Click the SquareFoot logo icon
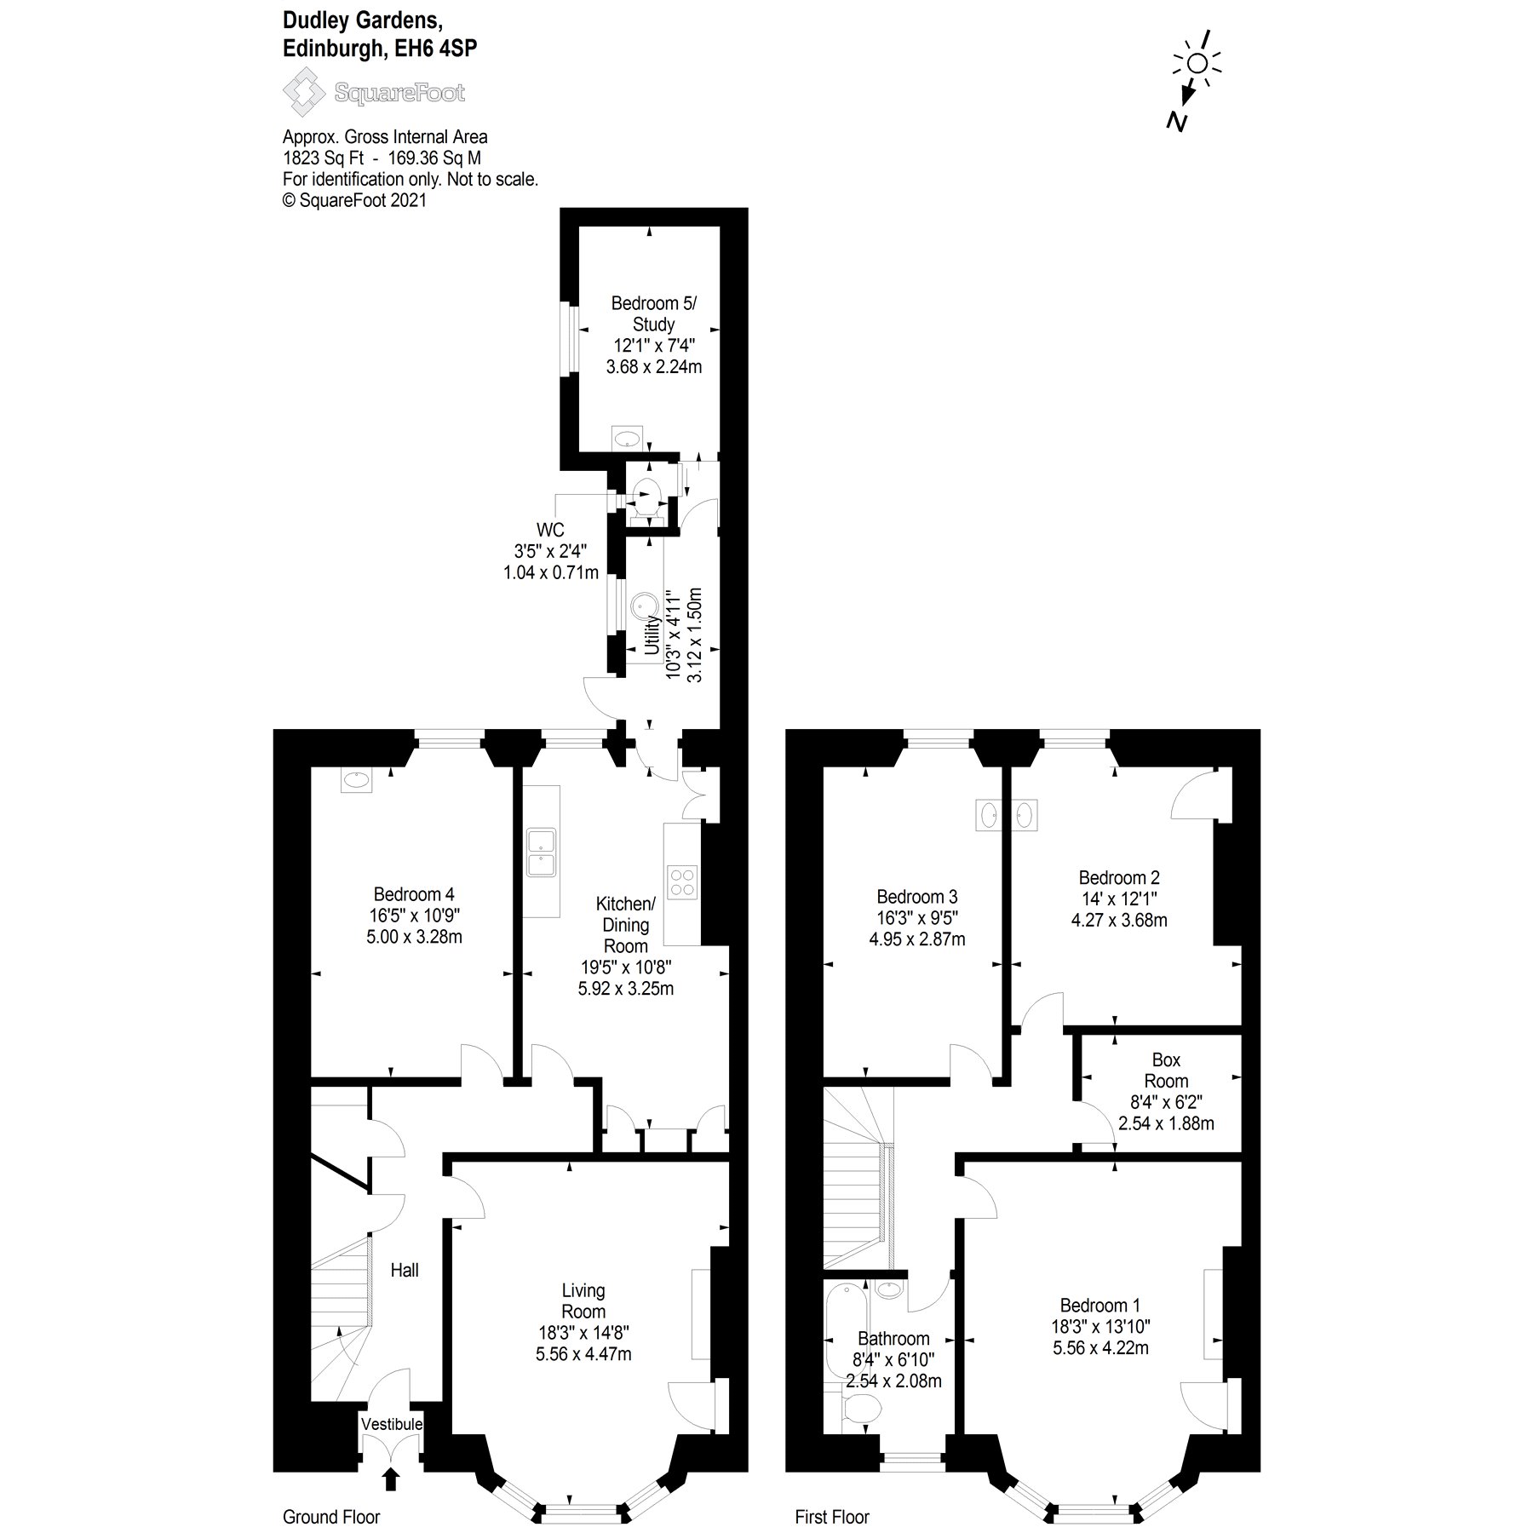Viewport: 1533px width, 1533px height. point(304,93)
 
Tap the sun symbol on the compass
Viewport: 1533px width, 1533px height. point(1197,63)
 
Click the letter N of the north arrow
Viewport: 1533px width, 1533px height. point(1177,122)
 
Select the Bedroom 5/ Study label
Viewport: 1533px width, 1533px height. point(653,313)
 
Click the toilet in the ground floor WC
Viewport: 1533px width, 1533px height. point(646,495)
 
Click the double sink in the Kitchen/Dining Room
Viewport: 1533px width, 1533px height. point(542,852)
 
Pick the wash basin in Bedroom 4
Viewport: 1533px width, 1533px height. point(356,779)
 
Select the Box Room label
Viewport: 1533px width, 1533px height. point(1166,1071)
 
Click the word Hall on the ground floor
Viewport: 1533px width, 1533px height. point(405,1270)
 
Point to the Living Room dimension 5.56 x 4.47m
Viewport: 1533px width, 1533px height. point(583,1354)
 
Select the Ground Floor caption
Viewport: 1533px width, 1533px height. point(331,1517)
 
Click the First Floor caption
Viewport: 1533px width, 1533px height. point(832,1517)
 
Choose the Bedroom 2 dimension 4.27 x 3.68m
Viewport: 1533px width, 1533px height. point(1119,920)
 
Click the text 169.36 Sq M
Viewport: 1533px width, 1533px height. point(434,158)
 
